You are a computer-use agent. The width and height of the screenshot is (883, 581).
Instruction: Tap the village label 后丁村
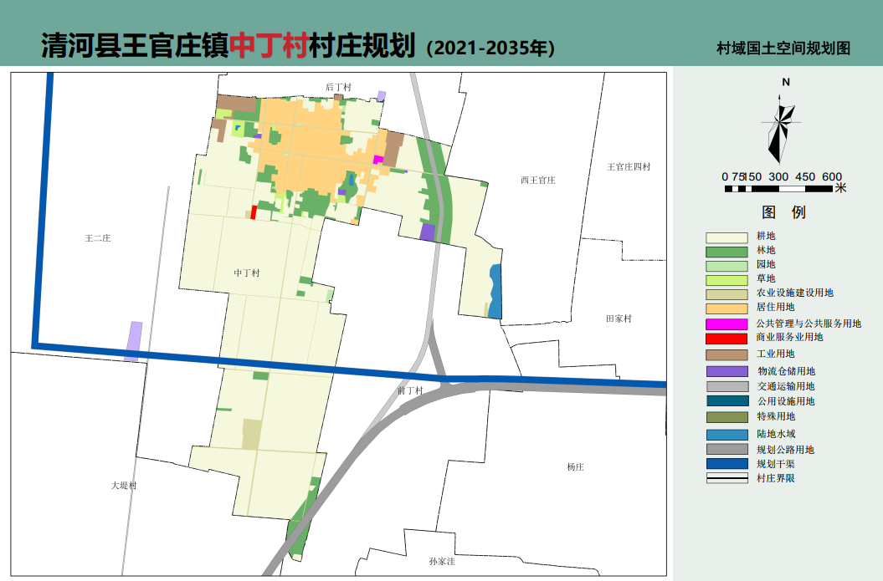tap(338, 87)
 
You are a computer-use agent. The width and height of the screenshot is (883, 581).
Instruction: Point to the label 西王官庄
tap(537, 180)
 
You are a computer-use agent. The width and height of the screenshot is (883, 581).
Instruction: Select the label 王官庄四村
tap(629, 166)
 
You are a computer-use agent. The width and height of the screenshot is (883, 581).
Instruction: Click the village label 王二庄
tap(98, 238)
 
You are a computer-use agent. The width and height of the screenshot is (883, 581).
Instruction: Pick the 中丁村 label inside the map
tap(247, 273)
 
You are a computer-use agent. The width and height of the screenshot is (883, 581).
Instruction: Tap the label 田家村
tap(619, 319)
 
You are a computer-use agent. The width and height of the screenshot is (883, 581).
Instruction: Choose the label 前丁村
tap(410, 390)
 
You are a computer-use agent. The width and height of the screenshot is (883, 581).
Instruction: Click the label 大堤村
tap(123, 486)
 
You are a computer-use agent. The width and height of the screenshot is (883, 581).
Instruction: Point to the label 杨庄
tap(574, 467)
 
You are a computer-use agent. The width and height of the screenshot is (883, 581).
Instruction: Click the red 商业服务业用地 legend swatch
tap(726, 339)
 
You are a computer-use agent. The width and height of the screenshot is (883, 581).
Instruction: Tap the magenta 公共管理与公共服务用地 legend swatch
tap(726, 324)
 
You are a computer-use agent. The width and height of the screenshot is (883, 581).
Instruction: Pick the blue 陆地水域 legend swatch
tap(726, 435)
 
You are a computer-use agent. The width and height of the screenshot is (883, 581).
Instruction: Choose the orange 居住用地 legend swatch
tap(726, 308)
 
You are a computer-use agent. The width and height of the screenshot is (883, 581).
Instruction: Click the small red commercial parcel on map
tap(254, 212)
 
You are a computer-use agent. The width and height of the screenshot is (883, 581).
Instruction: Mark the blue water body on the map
tap(495, 292)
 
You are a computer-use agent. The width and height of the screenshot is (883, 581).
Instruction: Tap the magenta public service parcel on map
tap(377, 160)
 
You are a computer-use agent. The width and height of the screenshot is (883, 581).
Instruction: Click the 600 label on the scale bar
tap(831, 176)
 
